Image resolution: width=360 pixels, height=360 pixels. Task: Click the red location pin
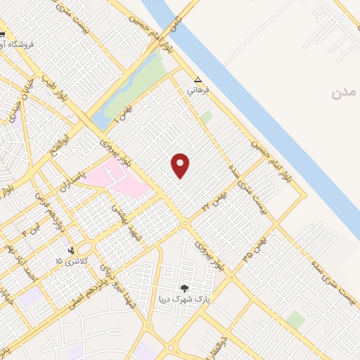coord(181,165)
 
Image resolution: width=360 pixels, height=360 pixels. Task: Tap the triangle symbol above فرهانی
coord(198,80)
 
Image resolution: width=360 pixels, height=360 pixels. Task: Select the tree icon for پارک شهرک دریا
coord(185,288)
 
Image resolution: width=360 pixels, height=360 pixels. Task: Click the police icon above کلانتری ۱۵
coord(70,250)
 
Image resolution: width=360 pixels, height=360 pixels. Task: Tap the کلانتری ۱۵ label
coord(68,261)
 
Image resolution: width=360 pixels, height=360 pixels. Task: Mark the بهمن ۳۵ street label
coord(255,250)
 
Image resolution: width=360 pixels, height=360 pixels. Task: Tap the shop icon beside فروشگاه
coord(4,34)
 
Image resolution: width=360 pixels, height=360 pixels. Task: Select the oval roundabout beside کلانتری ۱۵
coord(84,248)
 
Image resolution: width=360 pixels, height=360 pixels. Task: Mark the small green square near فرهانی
coord(205,117)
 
